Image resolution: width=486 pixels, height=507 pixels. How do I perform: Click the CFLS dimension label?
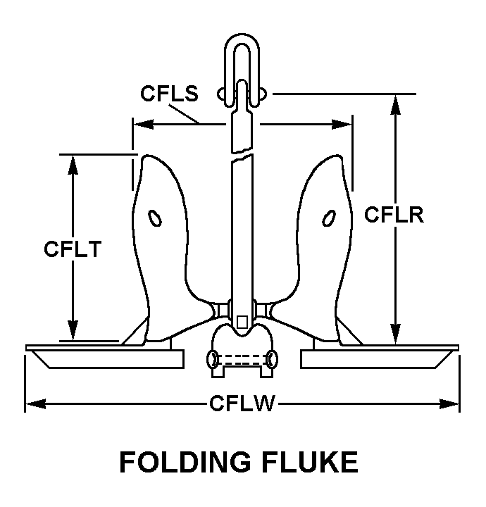tap(169, 94)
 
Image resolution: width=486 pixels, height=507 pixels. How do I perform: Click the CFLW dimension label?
tap(242, 403)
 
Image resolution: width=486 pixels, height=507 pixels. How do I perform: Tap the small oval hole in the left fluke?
tap(156, 219)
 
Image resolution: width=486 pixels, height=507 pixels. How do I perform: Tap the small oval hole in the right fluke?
tap(328, 219)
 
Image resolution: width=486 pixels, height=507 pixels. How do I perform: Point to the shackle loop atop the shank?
tap(242, 53)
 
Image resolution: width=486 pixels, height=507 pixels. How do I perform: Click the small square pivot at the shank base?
tap(242, 322)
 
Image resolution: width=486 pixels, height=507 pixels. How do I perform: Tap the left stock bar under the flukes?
tap(106, 357)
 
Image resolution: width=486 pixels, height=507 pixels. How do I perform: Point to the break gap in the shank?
tap(241, 154)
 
